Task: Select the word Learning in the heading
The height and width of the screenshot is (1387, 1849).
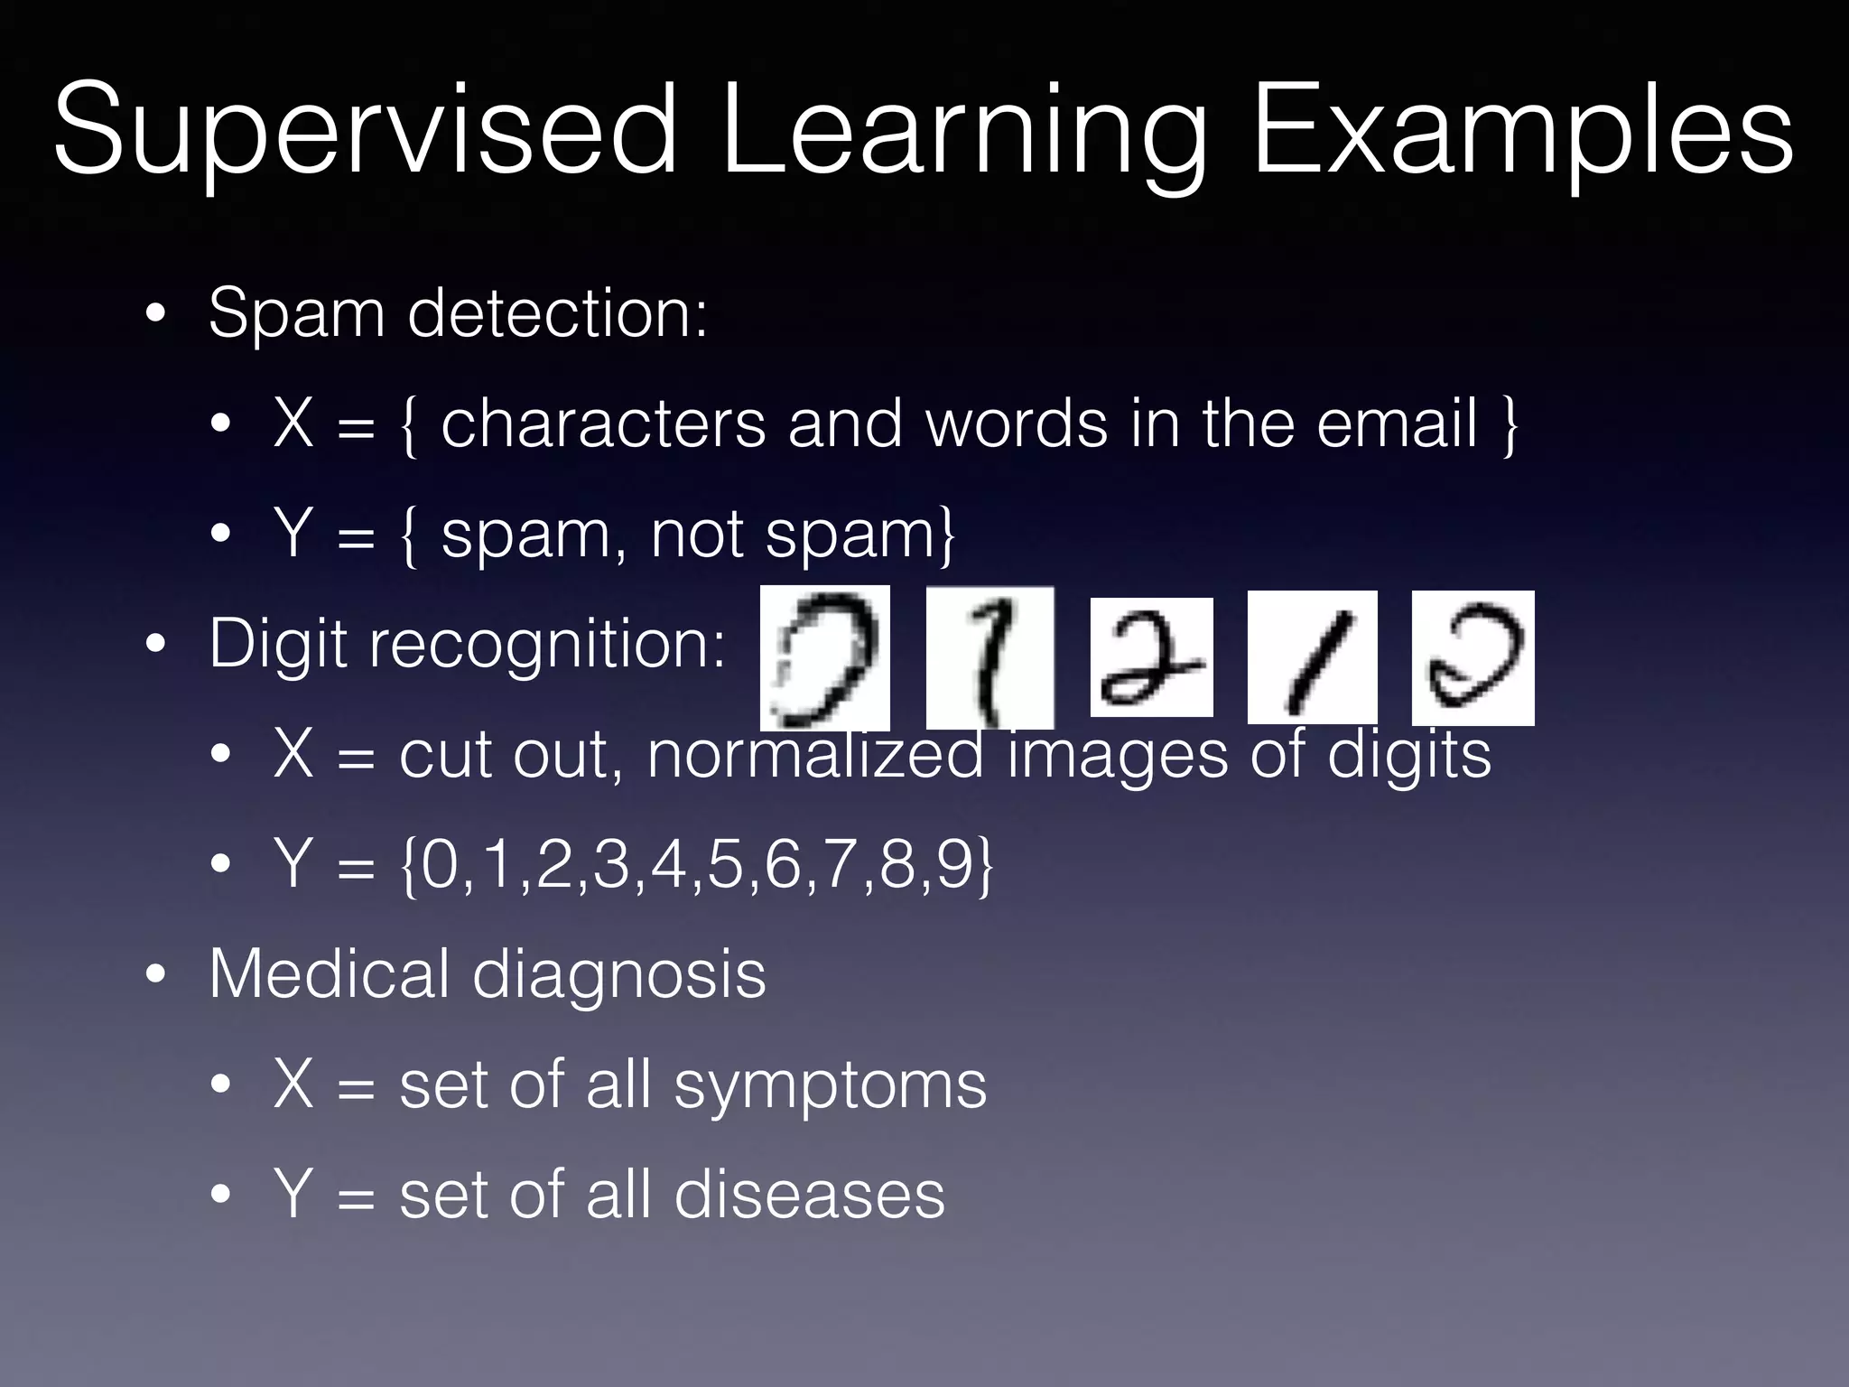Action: [x=964, y=131]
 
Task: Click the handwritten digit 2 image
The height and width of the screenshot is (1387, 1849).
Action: [x=1151, y=657]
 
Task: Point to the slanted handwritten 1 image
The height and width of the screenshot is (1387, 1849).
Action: [x=1312, y=657]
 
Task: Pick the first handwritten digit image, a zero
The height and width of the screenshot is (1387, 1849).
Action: [x=824, y=657]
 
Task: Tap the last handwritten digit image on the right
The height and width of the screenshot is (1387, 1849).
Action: [x=1473, y=657]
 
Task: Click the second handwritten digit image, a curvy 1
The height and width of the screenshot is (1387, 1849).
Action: [x=990, y=657]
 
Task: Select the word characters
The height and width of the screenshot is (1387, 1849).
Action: [x=603, y=424]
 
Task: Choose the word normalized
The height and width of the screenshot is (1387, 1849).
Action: [x=815, y=755]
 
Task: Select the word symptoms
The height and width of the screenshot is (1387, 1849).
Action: [x=830, y=1085]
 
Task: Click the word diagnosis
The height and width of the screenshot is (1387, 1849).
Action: [x=618, y=975]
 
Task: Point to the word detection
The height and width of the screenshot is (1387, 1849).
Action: [x=557, y=313]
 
